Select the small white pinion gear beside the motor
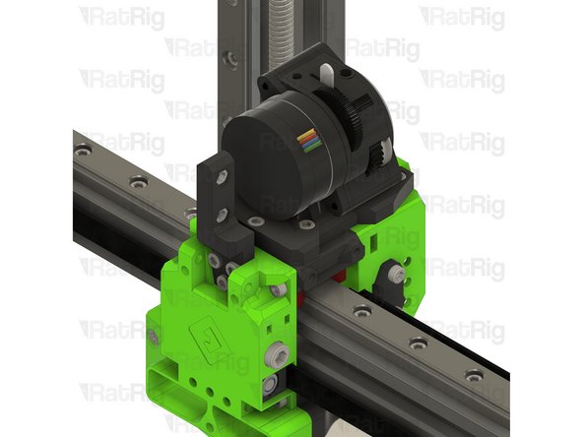(379, 157)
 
